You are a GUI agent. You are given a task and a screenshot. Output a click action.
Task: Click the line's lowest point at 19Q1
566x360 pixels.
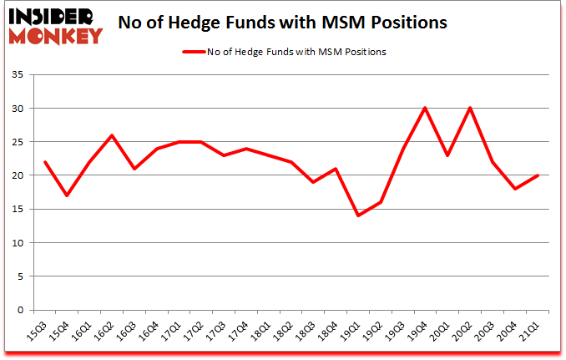(x=359, y=215)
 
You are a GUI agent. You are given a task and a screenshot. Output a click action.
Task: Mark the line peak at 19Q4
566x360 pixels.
(x=427, y=109)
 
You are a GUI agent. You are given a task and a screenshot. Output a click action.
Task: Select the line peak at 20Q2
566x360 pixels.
(x=472, y=109)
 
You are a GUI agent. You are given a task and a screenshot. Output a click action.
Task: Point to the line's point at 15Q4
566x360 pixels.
(x=67, y=195)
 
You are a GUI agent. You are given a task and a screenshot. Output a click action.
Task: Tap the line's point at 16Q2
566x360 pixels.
(x=112, y=135)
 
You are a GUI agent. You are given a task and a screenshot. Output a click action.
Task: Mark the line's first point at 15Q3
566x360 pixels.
(x=44, y=162)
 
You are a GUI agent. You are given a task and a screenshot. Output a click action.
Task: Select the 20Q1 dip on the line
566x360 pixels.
(x=449, y=155)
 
